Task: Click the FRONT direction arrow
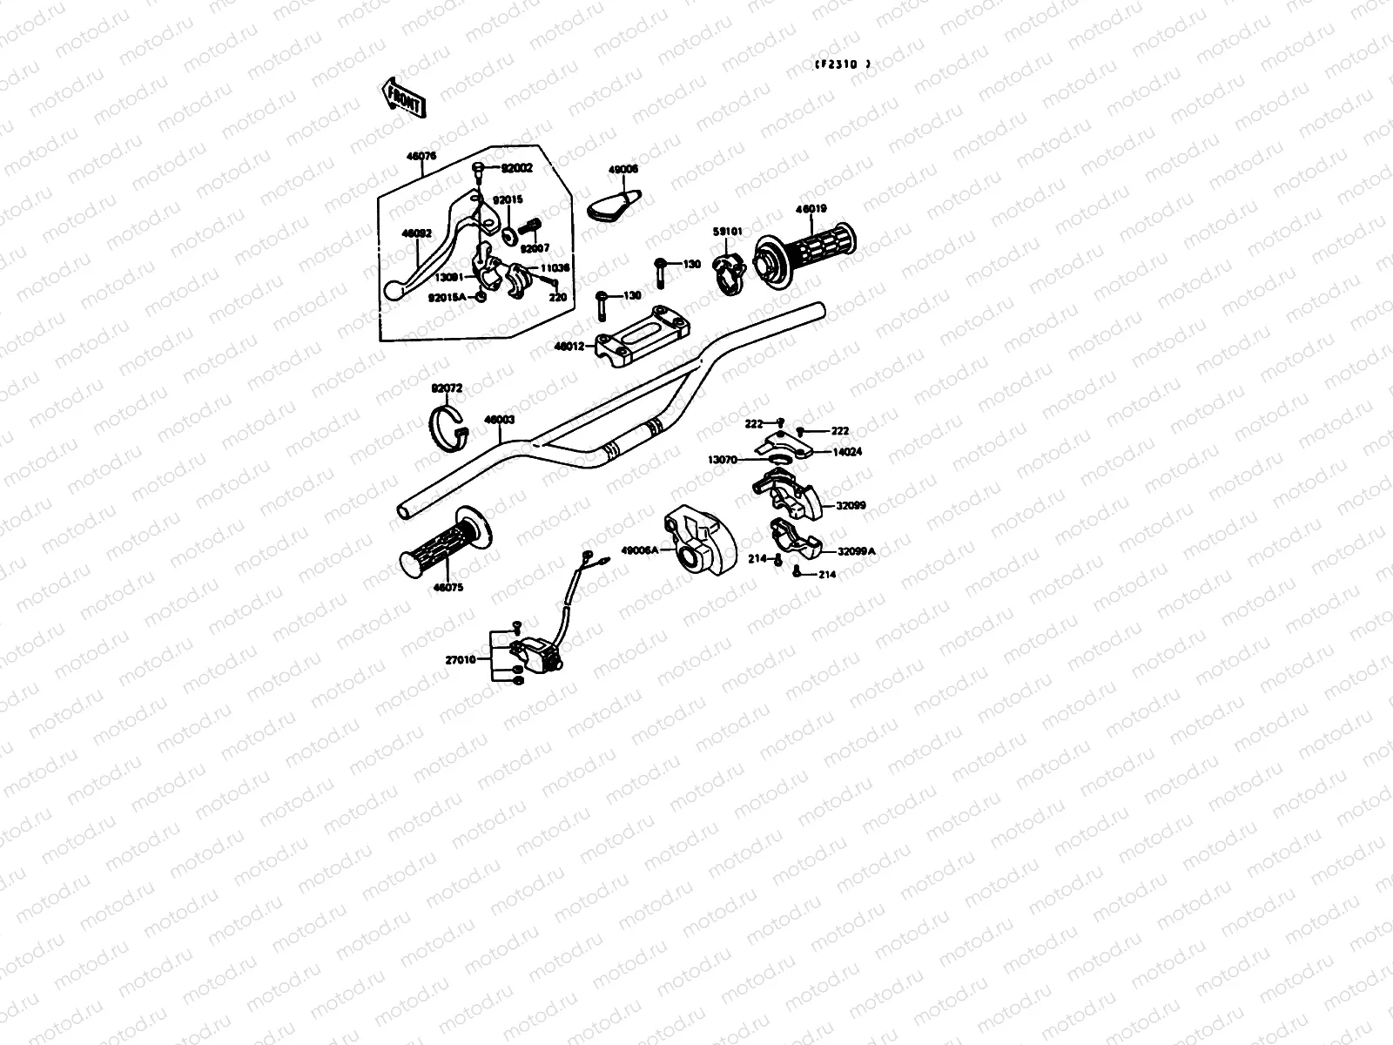[x=403, y=97]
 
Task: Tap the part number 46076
[x=421, y=157]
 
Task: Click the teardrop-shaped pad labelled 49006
[x=615, y=206]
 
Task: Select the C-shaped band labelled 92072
[x=450, y=430]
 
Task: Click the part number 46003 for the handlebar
[x=500, y=420]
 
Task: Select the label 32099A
[x=857, y=551]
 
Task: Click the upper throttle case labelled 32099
[x=788, y=493]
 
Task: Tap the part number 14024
[x=847, y=452]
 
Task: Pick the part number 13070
[x=722, y=458]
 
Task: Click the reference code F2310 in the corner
[x=842, y=64]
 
